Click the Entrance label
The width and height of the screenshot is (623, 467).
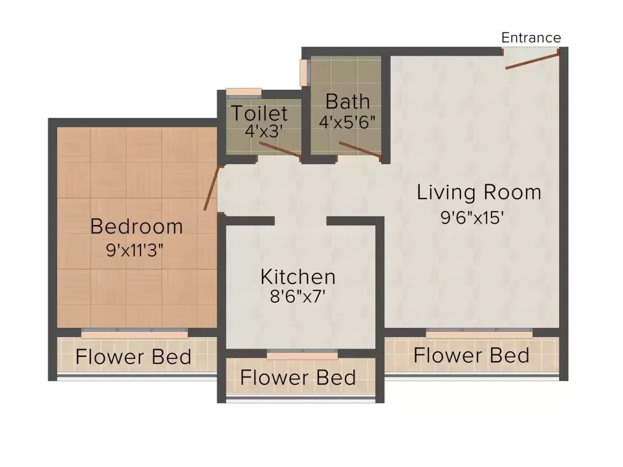point(531,38)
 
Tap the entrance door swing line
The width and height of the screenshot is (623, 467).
point(532,60)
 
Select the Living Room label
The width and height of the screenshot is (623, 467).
point(479,192)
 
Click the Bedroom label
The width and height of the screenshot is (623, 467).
point(136,226)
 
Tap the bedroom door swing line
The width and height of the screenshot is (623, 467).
point(212,188)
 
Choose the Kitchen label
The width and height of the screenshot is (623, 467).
point(298,277)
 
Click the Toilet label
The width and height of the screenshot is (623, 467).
point(259,114)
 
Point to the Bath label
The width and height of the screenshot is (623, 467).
point(347,101)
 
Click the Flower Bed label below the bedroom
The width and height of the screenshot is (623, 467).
point(133,357)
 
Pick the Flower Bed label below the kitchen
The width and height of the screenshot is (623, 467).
point(298,377)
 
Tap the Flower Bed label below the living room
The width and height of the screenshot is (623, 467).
point(471,355)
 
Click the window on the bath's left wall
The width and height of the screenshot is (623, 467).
point(305,71)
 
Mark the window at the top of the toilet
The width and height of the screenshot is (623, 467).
point(243,92)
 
